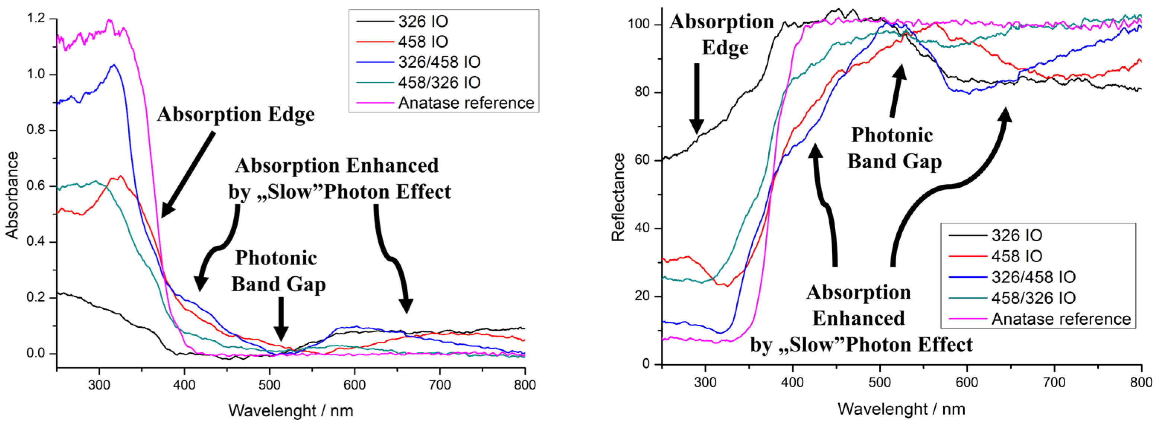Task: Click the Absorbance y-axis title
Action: click(x=12, y=195)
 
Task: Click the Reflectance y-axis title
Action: click(x=618, y=197)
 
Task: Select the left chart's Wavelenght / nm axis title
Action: click(x=291, y=411)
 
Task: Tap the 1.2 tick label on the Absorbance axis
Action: click(x=36, y=19)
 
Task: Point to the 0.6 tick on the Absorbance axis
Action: click(x=36, y=186)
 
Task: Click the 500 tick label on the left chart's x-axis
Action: click(x=269, y=385)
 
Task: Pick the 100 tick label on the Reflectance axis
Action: click(x=639, y=24)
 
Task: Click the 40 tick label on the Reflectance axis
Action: click(x=643, y=228)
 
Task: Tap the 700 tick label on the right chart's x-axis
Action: click(x=1054, y=383)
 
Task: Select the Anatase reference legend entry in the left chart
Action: click(x=466, y=103)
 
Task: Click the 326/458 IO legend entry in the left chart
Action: click(x=439, y=62)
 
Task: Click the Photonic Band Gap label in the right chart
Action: click(x=894, y=148)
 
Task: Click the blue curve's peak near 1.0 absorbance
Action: click(x=114, y=65)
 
